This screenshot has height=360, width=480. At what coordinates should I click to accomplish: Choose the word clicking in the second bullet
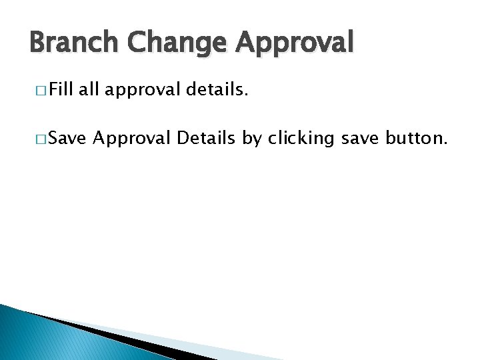tap(301, 139)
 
